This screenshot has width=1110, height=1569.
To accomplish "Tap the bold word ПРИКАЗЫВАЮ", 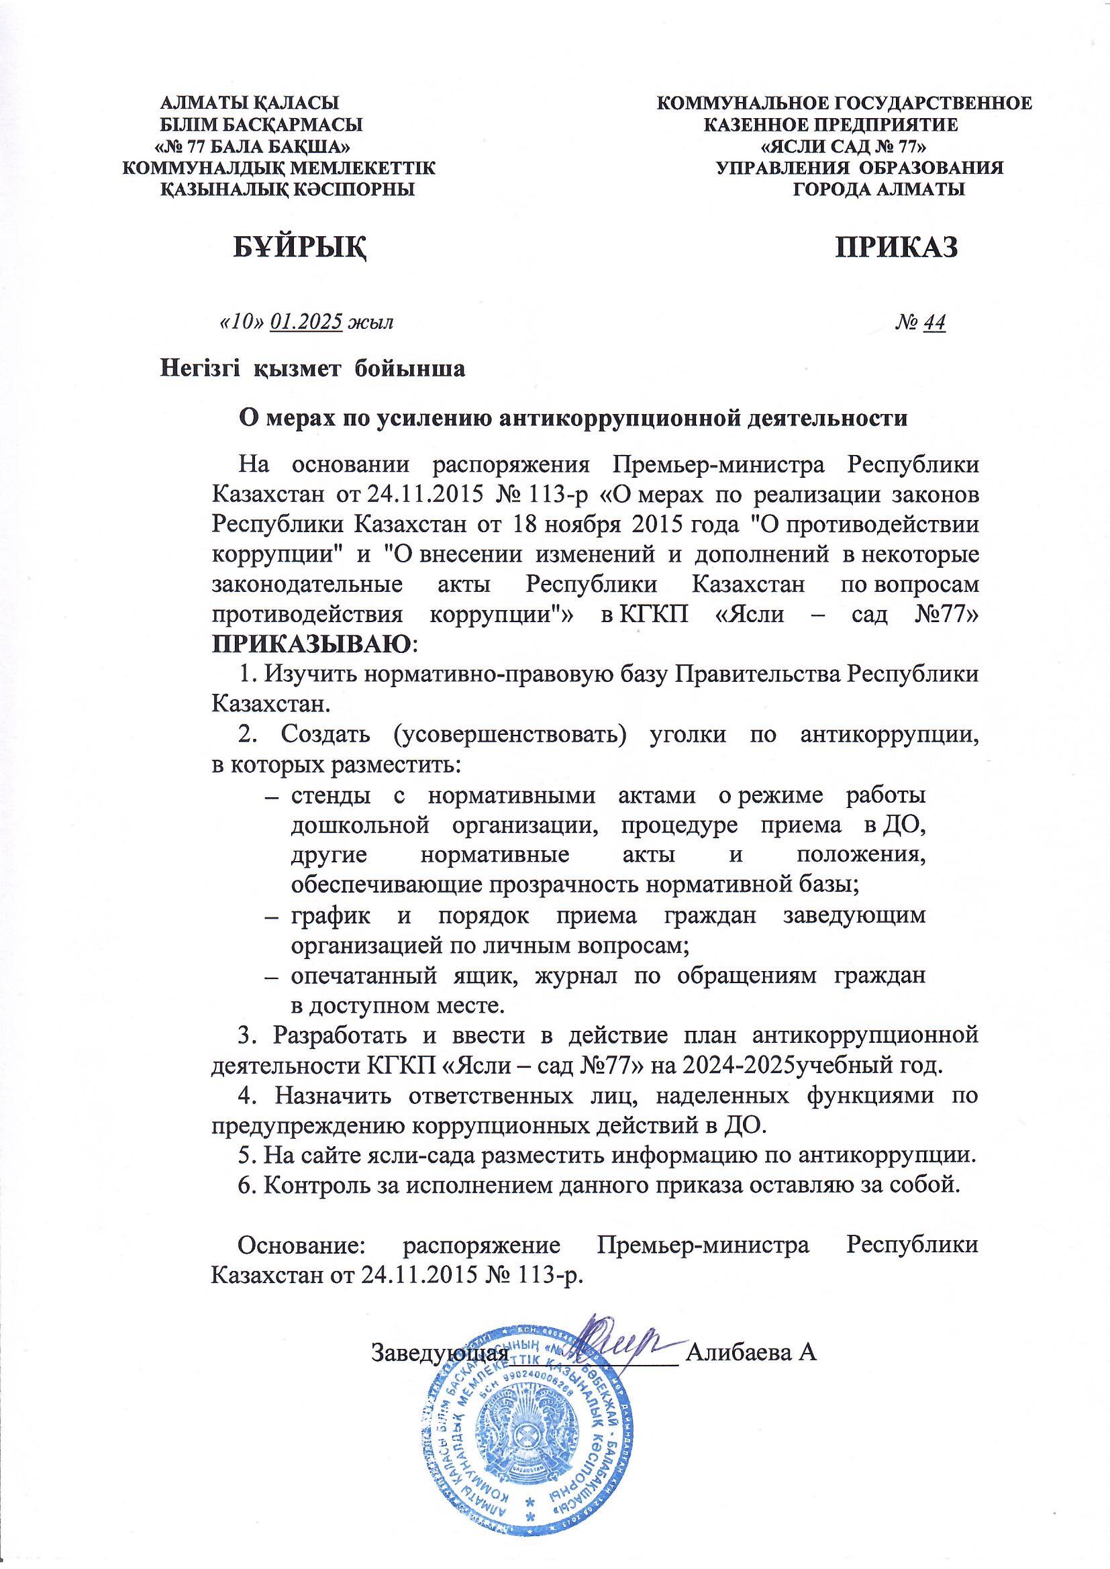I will [313, 644].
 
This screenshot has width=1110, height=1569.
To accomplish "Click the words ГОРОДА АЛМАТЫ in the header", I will [878, 189].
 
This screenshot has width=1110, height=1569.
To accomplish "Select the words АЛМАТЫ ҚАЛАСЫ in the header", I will [250, 104].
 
